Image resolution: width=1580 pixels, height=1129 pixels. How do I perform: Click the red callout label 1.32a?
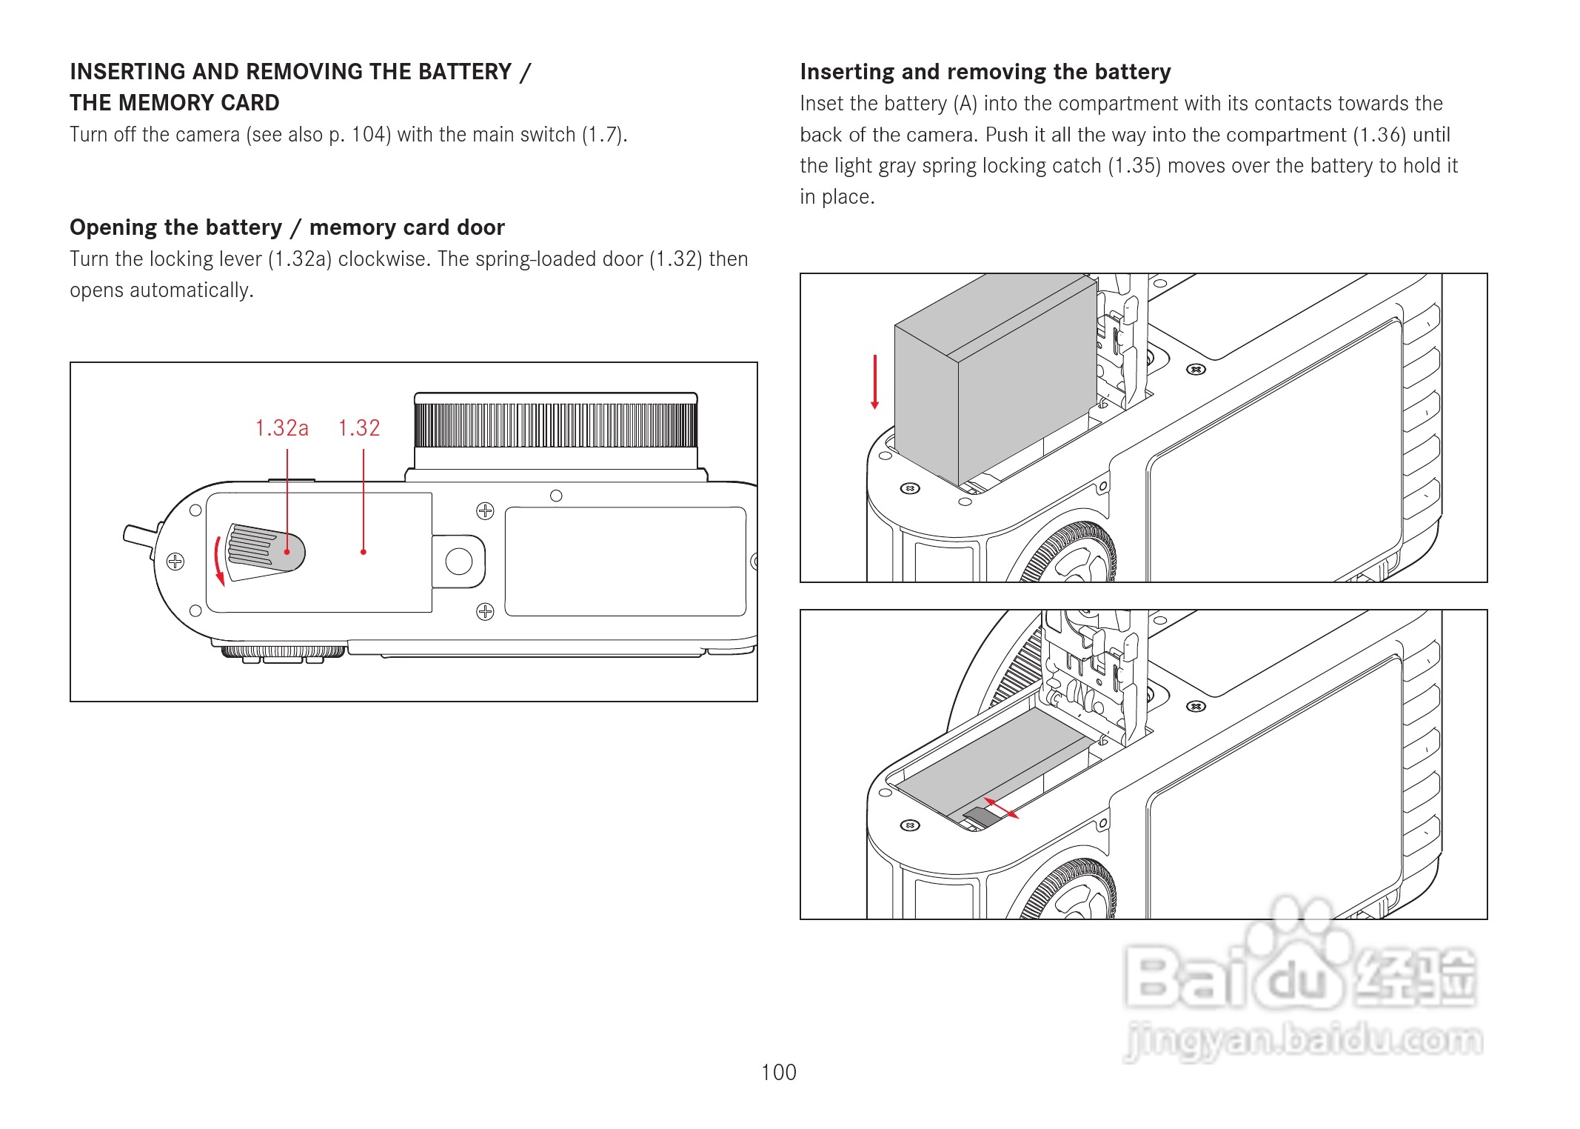(x=281, y=428)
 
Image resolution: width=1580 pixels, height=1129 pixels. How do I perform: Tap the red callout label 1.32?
(x=359, y=428)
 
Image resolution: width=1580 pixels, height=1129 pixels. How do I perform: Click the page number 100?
(x=778, y=1072)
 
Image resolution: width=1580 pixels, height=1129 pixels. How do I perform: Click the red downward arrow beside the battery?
(x=875, y=382)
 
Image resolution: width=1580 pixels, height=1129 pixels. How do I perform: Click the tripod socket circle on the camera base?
(x=459, y=561)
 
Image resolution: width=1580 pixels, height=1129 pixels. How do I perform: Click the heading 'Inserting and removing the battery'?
(x=985, y=72)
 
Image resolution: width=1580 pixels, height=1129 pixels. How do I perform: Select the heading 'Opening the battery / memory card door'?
(x=287, y=227)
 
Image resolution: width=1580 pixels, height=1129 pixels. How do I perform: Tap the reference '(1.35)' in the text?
(x=1134, y=166)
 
